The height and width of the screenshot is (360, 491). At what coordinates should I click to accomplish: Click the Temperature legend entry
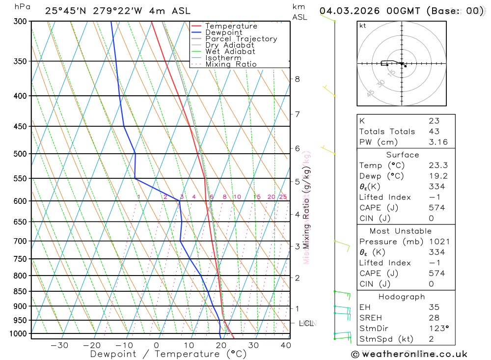click(231, 26)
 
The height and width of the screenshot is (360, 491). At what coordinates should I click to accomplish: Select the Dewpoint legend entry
click(223, 32)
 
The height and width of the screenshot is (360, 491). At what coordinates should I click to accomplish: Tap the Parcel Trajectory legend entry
click(241, 39)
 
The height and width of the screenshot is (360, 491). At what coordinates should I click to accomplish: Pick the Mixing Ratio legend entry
click(231, 64)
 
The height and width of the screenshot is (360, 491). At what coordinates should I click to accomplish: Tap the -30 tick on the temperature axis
click(59, 345)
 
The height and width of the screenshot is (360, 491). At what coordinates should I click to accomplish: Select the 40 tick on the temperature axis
click(285, 345)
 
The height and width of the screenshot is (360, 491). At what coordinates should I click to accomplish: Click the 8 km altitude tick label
click(298, 79)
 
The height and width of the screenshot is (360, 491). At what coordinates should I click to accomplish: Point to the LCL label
click(306, 323)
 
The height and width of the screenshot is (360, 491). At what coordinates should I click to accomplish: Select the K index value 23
click(434, 121)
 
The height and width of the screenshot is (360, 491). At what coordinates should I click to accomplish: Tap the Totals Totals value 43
click(434, 132)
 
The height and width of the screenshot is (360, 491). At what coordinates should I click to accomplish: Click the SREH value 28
click(434, 318)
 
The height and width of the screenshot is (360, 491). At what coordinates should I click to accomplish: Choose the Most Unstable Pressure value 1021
click(437, 242)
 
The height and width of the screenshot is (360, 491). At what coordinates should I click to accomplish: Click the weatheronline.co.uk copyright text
click(409, 354)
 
